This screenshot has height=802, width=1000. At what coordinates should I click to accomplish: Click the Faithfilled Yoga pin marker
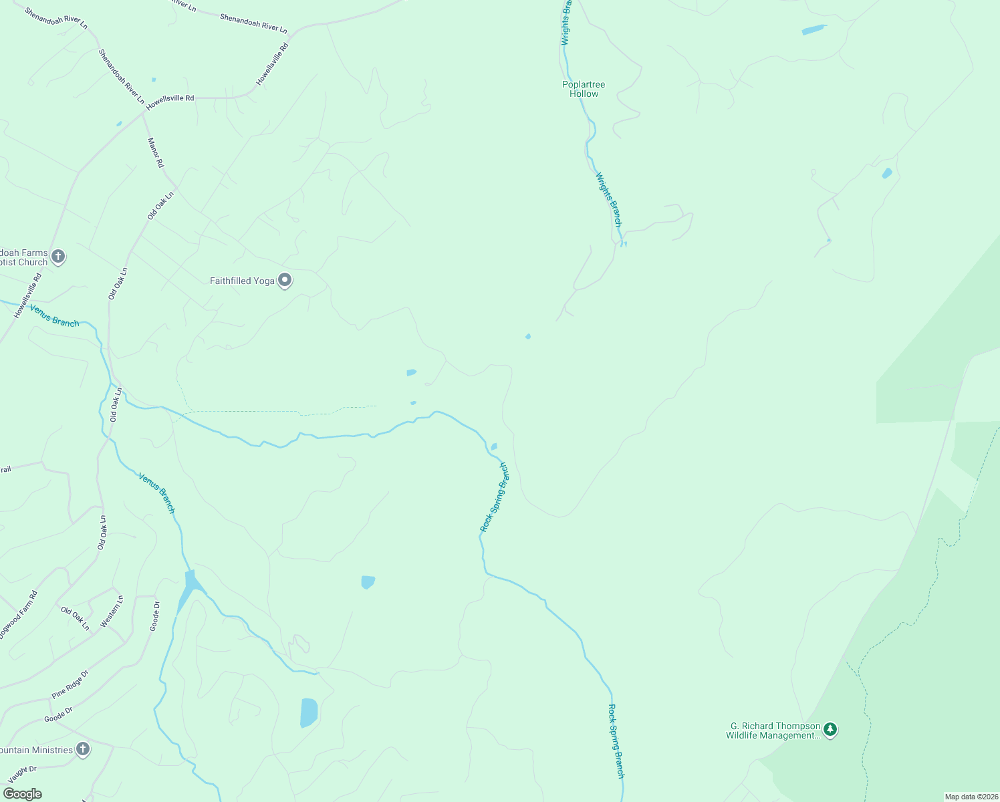[x=285, y=280]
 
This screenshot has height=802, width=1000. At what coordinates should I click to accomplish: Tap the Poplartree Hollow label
[x=584, y=89]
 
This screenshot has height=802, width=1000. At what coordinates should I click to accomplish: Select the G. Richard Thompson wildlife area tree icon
[x=830, y=729]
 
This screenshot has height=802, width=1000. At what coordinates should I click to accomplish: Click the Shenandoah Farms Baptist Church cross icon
[x=58, y=257]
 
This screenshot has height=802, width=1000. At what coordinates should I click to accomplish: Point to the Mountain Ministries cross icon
[x=82, y=749]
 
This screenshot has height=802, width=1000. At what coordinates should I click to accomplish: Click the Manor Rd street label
[x=155, y=152]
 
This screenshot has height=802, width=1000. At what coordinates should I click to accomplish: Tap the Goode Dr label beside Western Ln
[x=154, y=616]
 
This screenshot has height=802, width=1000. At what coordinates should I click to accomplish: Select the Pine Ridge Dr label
[x=70, y=684]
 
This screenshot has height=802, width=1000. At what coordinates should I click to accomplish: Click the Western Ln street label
[x=112, y=612]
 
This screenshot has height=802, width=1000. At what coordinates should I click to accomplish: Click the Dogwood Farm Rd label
[x=19, y=614]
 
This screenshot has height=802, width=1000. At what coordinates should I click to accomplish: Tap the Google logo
[x=22, y=794]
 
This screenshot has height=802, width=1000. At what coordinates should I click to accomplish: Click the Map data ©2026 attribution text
[x=971, y=797]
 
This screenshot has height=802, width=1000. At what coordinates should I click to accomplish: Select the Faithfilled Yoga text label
[x=242, y=281]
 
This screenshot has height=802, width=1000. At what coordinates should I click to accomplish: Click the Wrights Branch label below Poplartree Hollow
[x=608, y=200]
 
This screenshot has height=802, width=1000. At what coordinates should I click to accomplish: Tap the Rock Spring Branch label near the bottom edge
[x=616, y=741]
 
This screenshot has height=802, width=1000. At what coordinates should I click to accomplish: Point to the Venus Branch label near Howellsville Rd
[x=54, y=316]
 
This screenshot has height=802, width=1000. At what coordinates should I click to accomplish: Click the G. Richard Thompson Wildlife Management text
[x=773, y=730]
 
